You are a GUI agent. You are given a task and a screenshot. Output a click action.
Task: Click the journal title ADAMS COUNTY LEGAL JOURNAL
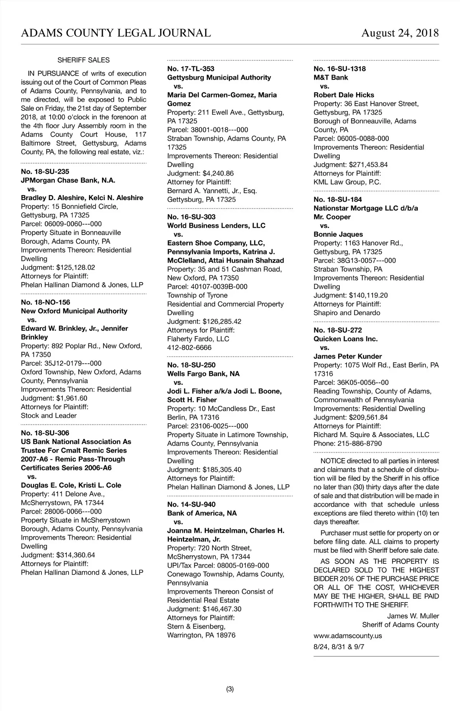116,33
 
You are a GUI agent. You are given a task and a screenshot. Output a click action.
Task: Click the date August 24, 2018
400,33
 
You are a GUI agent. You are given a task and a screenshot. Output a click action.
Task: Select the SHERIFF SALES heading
84,60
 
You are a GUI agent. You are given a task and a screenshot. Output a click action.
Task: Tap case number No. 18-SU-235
45,172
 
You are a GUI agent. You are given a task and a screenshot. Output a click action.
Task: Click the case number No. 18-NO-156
46,302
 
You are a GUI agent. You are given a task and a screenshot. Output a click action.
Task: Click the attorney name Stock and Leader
49,415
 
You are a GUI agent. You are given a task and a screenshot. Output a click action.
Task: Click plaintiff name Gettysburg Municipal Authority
219,77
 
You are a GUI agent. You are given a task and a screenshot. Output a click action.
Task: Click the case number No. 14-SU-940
191,504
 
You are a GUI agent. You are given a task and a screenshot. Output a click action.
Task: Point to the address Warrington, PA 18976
201,635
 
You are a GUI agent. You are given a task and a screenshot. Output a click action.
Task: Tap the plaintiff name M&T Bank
331,77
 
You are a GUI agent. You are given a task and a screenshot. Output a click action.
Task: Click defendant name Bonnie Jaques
338,234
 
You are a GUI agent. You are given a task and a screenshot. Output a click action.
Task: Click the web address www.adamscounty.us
348,635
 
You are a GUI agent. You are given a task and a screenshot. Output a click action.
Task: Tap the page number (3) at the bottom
230,689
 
